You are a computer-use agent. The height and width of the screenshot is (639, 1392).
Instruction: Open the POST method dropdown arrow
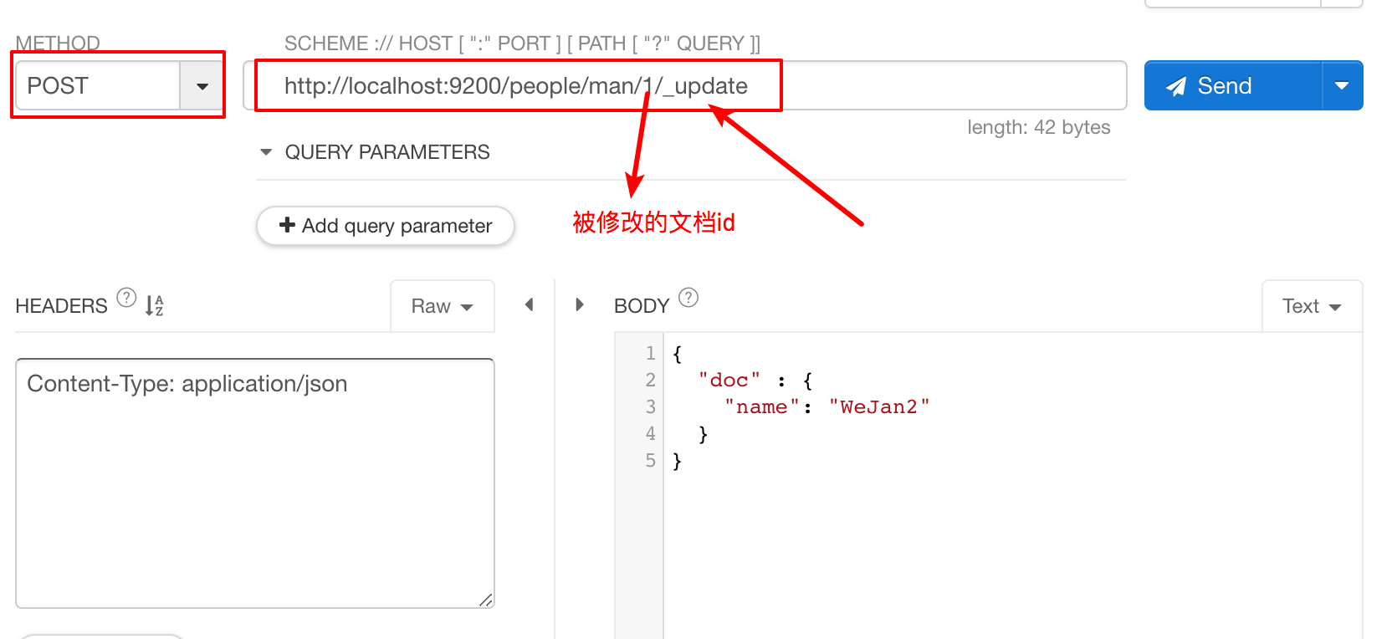(202, 86)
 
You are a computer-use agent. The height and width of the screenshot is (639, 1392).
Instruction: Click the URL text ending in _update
(516, 86)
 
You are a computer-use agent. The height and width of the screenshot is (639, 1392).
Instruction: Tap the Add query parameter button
(386, 226)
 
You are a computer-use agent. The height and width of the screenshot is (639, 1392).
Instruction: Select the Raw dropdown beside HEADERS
(443, 306)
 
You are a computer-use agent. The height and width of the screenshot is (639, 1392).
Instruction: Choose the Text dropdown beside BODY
(1312, 306)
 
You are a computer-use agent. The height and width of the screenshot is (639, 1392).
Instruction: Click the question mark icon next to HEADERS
(126, 299)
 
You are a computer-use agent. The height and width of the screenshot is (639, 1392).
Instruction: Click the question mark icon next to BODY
(688, 298)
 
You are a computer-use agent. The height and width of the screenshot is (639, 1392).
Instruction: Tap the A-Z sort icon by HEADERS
(154, 305)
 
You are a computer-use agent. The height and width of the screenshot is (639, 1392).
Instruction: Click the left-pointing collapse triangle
(530, 304)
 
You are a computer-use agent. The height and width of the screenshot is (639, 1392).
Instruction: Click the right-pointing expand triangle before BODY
(579, 304)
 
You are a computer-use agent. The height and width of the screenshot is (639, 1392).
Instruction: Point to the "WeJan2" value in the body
(879, 406)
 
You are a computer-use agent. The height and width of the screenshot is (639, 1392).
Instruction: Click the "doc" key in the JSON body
(729, 380)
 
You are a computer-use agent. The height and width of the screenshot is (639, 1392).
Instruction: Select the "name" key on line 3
(762, 406)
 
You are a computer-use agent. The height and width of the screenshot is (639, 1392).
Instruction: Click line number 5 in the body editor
(651, 460)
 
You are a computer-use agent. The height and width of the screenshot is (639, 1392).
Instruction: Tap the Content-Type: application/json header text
(187, 384)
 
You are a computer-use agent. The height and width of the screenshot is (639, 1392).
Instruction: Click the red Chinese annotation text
(653, 222)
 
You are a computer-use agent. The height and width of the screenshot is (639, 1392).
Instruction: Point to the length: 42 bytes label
(1038, 127)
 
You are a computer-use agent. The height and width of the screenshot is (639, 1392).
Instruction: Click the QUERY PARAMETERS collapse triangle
(266, 151)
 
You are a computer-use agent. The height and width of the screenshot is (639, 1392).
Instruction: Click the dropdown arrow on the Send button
(1343, 86)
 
